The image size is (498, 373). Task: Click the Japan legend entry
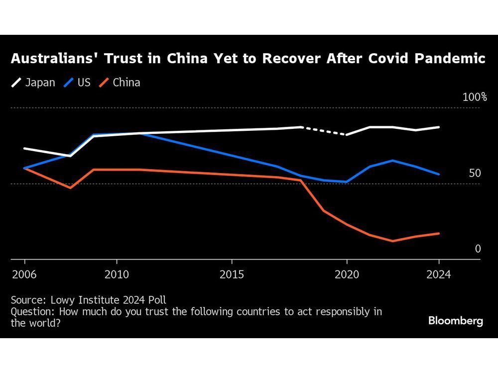click(33, 83)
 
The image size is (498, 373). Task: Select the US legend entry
click(77, 83)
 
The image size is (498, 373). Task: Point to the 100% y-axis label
click(475, 97)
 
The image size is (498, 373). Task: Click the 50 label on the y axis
click(475, 174)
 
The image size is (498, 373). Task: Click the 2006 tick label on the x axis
click(24, 275)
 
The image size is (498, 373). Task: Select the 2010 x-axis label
click(117, 275)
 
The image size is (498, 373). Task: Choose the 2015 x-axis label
click(232, 275)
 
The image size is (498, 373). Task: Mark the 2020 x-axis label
click(347, 275)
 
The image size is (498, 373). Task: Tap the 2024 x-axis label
click(439, 275)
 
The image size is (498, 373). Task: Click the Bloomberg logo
click(456, 321)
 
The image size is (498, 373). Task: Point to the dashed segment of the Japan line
click(324, 131)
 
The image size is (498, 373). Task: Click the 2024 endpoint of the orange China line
click(439, 233)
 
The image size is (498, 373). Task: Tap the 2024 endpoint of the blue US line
click(439, 174)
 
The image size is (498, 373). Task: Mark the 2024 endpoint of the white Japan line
click(439, 127)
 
